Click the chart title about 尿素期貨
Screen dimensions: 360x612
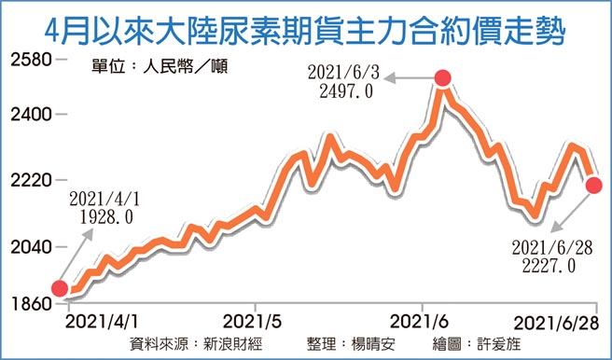pyautogui.click(x=306, y=24)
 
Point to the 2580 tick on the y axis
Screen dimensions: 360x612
pyautogui.click(x=32, y=60)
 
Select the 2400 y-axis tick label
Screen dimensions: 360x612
pyautogui.click(x=32, y=115)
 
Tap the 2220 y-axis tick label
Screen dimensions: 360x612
pyautogui.click(x=32, y=178)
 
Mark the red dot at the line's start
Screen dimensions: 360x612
pyautogui.click(x=59, y=289)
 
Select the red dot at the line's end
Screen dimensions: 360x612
pyautogui.click(x=594, y=186)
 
